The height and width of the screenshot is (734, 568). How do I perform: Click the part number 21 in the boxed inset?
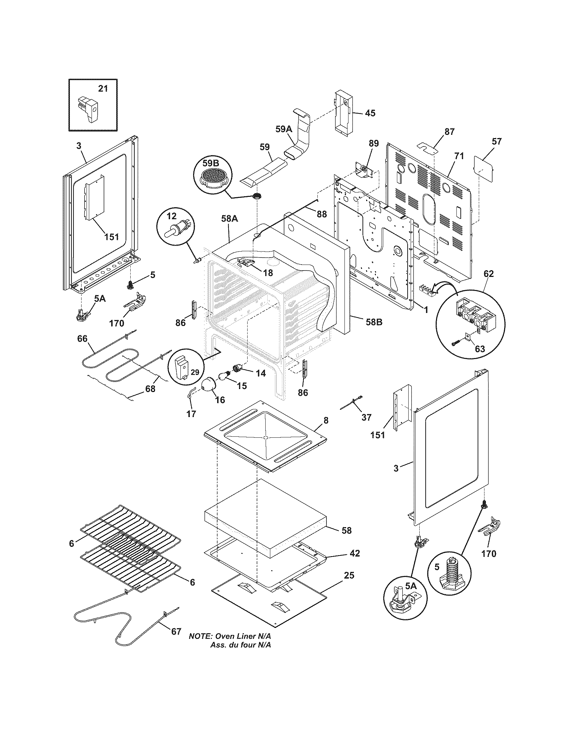click(103, 88)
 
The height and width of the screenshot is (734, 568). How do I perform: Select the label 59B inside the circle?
click(210, 163)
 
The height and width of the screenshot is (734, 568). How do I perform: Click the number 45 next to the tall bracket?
click(370, 113)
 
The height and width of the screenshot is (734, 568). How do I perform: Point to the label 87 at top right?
click(449, 132)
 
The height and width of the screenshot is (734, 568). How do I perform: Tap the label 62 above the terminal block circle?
click(488, 274)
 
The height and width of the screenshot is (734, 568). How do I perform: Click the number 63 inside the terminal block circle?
click(480, 349)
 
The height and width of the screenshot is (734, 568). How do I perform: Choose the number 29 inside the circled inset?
click(195, 372)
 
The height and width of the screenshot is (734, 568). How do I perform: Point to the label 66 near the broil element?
click(83, 338)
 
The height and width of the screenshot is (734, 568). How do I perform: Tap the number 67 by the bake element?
click(176, 631)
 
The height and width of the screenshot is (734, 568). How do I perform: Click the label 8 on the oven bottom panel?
click(326, 420)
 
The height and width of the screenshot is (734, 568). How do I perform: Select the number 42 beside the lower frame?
click(355, 553)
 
